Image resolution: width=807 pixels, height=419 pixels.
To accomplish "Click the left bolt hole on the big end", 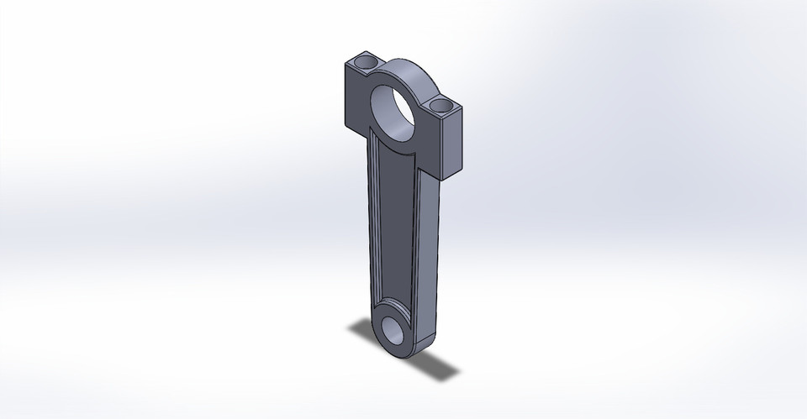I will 366,63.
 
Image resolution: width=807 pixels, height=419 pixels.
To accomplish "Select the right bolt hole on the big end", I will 440,106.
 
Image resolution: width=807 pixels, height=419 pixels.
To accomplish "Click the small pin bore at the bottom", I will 394,328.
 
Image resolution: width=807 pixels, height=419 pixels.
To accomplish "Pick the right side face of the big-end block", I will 452,143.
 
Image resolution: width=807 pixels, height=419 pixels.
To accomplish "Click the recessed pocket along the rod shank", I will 395,227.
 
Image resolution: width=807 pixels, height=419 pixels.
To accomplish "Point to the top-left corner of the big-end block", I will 345,62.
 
